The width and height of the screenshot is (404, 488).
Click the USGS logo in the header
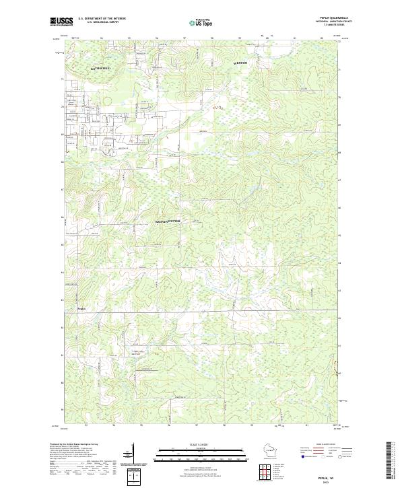pyautogui.click(x=62, y=22)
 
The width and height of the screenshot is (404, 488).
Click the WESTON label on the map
pyautogui.click(x=240, y=63)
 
